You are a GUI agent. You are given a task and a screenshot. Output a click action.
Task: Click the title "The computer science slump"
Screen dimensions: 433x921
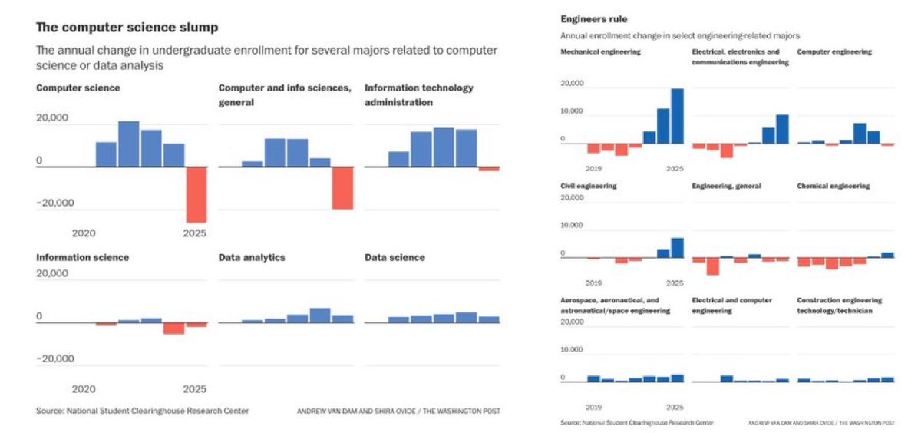point(127,28)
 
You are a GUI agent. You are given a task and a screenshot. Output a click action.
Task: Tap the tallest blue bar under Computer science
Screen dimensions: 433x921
point(129,144)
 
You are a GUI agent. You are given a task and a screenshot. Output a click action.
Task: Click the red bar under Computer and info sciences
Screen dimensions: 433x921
point(342,187)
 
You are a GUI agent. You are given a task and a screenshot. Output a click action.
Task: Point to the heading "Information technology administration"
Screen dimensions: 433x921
point(419,94)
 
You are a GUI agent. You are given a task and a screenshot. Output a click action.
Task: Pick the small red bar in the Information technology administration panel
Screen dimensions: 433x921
point(489,168)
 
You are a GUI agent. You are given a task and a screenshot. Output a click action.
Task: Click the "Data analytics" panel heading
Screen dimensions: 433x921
point(252,257)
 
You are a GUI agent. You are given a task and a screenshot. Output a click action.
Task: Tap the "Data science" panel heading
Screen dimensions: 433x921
point(394,257)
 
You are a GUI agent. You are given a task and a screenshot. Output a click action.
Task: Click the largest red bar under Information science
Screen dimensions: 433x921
point(174,328)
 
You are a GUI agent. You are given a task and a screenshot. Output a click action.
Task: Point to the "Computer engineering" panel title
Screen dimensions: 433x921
point(834,52)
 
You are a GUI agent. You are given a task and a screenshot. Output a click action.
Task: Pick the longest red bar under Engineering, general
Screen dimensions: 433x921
point(713,266)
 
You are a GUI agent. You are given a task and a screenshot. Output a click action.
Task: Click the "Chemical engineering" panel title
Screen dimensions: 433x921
point(834,187)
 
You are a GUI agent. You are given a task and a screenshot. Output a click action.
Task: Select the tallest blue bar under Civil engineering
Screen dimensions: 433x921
point(677,247)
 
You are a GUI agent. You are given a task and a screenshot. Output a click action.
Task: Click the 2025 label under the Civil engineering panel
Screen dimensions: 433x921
point(675,283)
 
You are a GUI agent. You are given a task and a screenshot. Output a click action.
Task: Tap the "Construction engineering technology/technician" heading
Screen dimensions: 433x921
point(840,306)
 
